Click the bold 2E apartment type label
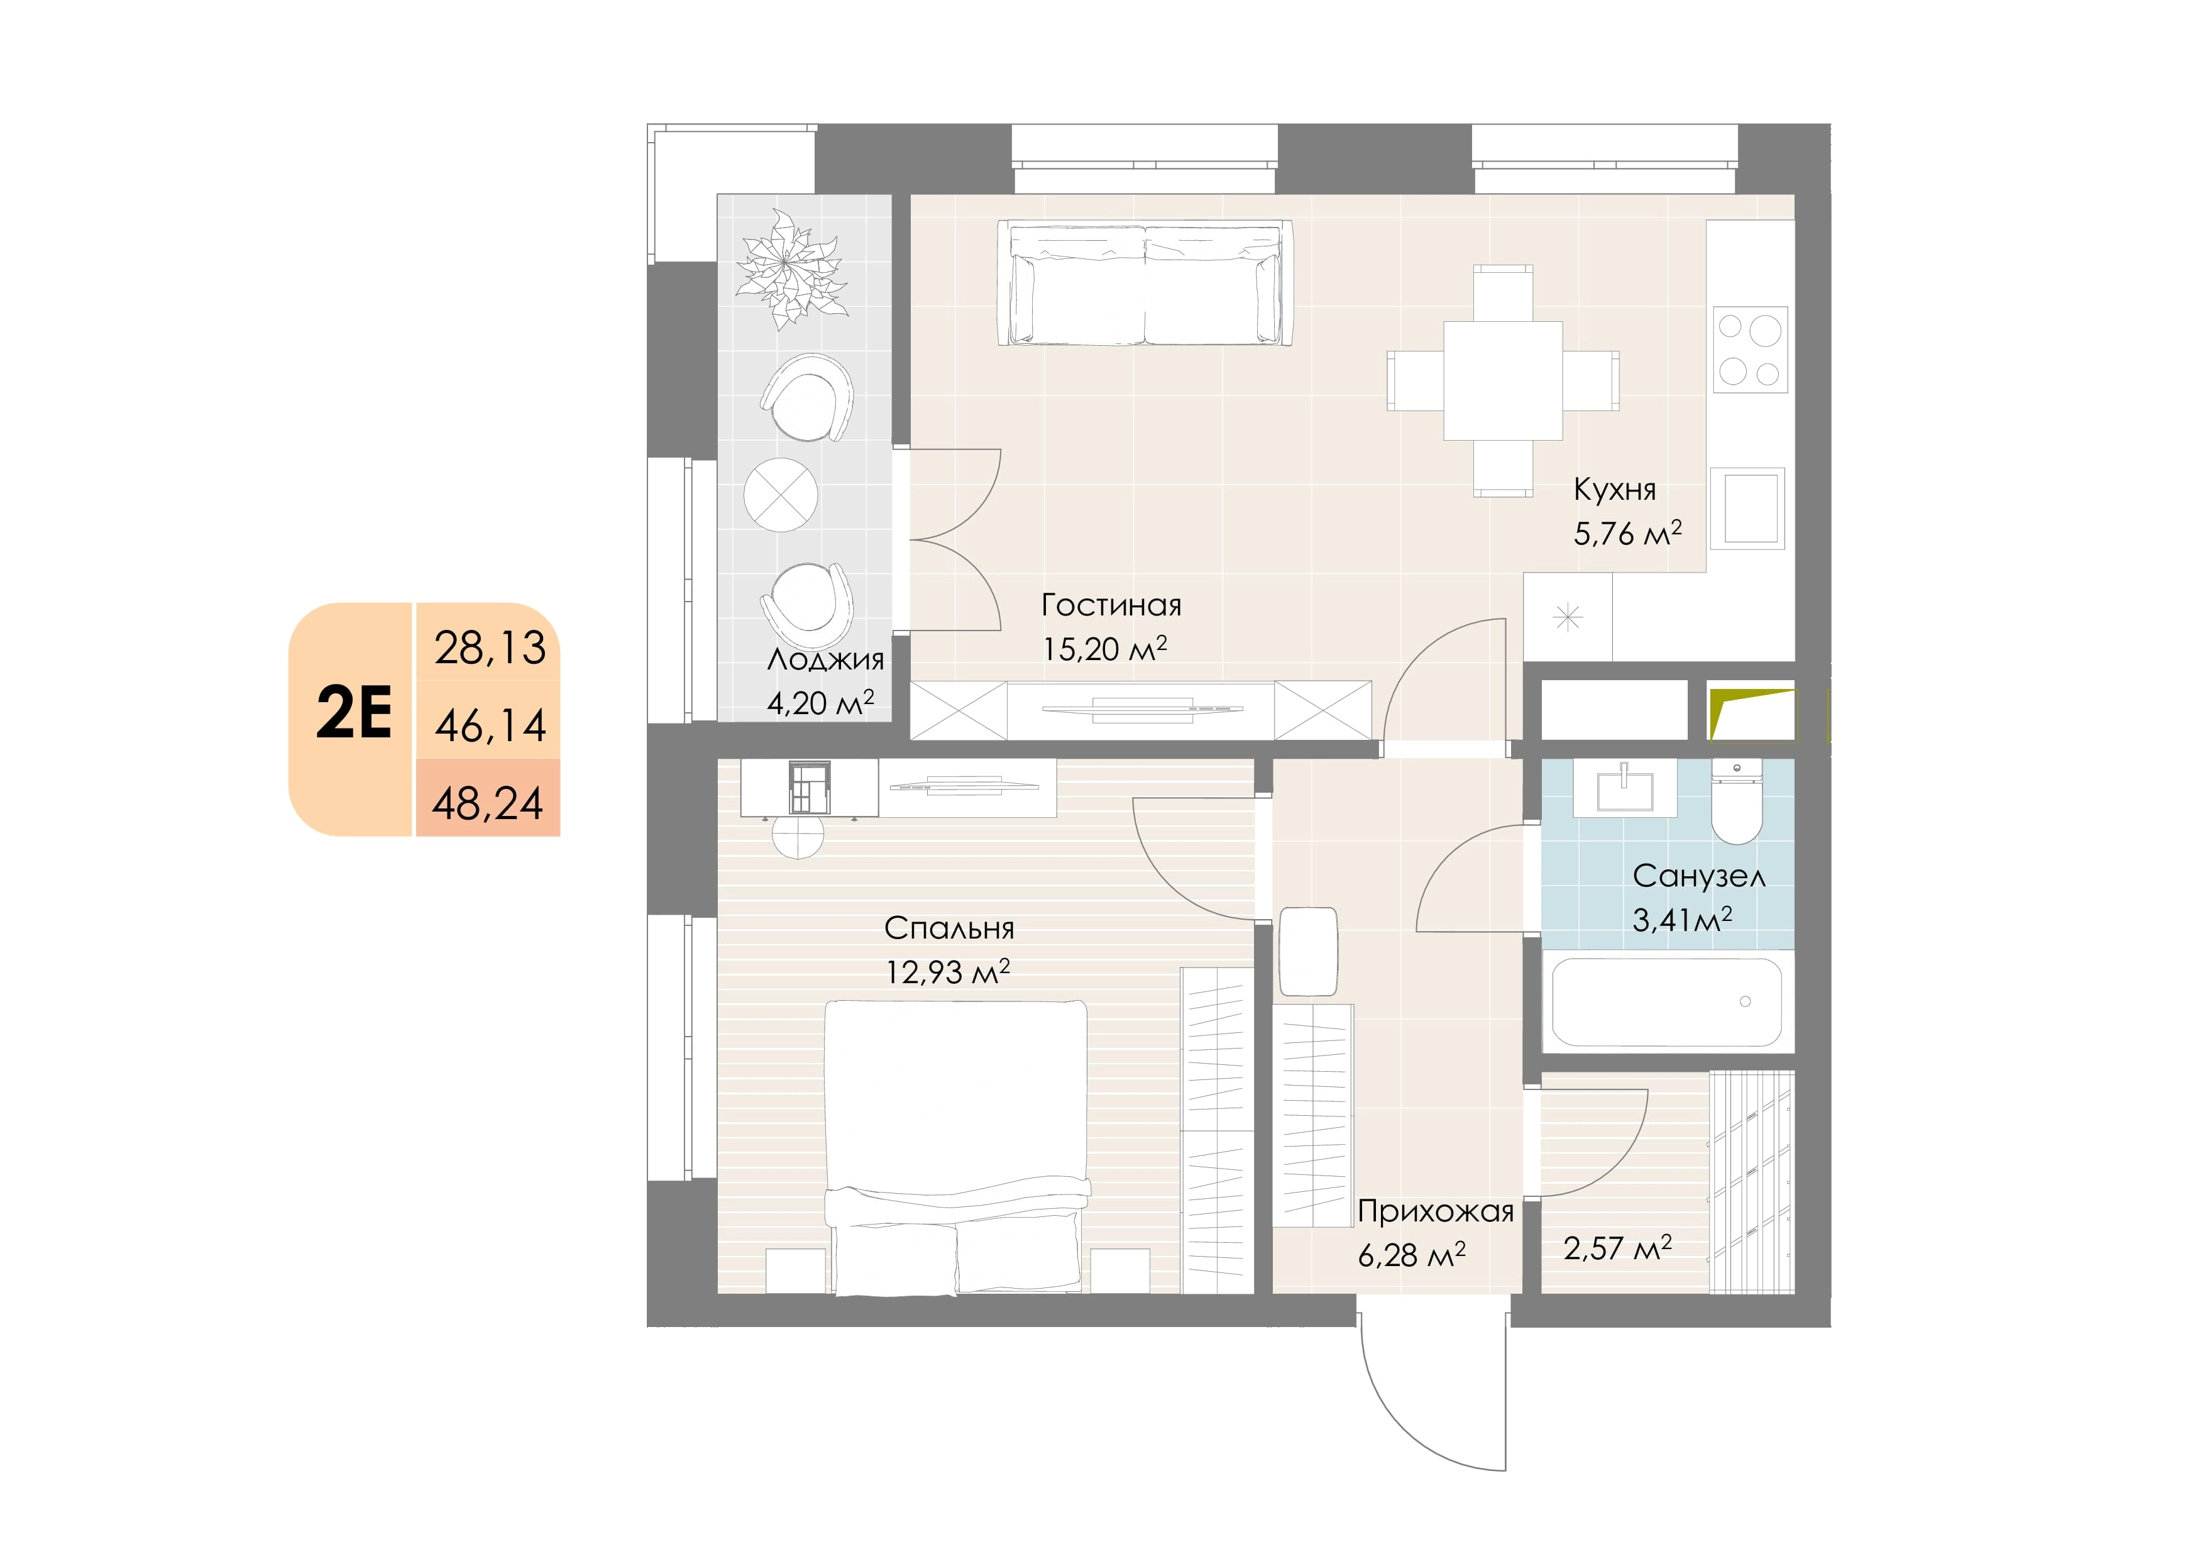[353, 713]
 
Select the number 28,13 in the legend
[490, 647]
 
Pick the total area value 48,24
[488, 803]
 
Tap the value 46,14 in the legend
[490, 725]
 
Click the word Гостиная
[1111, 605]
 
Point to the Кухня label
[1614, 489]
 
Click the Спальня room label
[949, 928]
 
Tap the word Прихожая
[1436, 1211]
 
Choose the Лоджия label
[825, 660]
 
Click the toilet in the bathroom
[1736, 802]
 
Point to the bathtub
[1667, 1002]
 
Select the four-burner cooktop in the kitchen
[1750, 350]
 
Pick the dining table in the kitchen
[1503, 380]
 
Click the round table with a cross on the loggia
[781, 495]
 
